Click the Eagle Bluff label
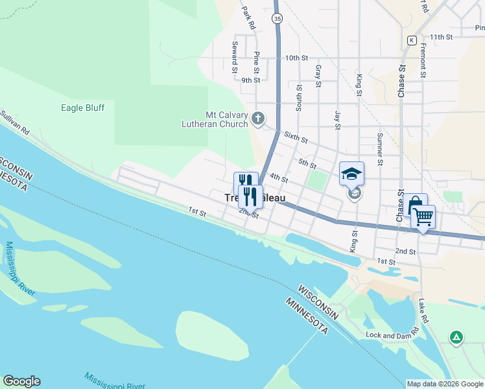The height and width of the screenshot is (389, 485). (x=82, y=108)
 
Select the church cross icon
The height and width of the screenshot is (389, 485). (x=258, y=118)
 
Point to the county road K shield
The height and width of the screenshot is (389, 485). (x=411, y=40)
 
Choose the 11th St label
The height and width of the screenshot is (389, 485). (x=440, y=37)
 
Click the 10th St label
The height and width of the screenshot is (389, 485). (x=296, y=58)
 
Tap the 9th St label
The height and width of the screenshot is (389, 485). (x=250, y=80)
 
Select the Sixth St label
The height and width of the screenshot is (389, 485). (x=296, y=137)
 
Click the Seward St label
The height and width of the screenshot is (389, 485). (x=235, y=57)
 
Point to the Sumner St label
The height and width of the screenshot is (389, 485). (x=380, y=148)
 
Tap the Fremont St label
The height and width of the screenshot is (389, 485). (x=422, y=61)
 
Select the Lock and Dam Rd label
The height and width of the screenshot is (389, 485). (x=392, y=335)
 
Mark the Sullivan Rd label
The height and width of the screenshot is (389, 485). (x=15, y=121)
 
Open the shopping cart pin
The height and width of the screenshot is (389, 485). (x=423, y=217)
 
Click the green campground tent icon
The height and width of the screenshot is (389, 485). (x=457, y=336)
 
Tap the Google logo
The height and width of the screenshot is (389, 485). (x=21, y=381)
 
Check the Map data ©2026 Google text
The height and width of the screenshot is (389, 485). (x=445, y=384)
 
